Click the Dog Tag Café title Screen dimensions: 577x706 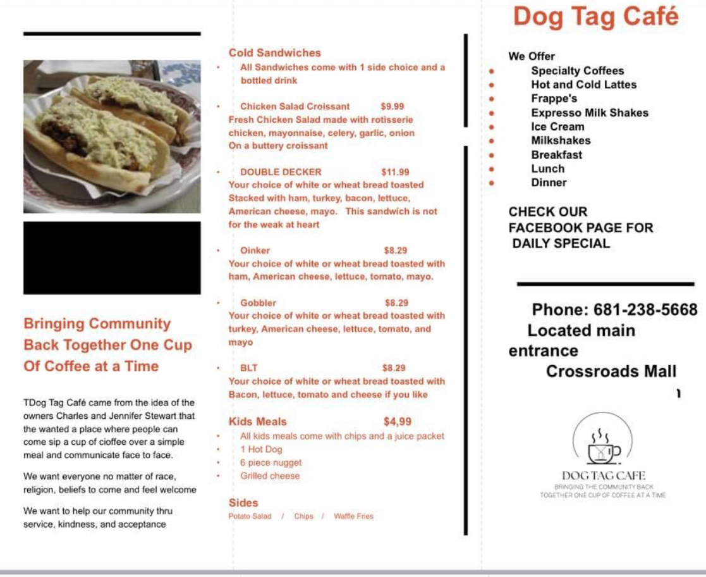point(595,16)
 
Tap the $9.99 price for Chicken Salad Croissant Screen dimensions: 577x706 point(392,106)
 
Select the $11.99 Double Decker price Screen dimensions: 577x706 point(395,172)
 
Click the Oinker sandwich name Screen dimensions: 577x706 point(255,251)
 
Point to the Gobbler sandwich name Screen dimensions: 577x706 point(258,303)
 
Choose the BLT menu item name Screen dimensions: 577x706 point(249,368)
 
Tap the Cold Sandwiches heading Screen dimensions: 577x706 point(275,53)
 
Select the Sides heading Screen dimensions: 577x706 point(243,503)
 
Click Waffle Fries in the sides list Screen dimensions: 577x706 point(353,516)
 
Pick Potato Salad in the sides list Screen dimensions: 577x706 point(250,516)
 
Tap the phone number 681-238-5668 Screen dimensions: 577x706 point(645,310)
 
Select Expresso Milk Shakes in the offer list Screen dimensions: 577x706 point(589,113)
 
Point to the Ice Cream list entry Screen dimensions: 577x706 point(557,127)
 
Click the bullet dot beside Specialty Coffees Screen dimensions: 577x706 point(491,71)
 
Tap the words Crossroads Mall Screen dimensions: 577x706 point(611,371)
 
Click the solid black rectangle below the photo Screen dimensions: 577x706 point(112,257)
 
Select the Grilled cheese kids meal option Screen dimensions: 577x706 point(270,476)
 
